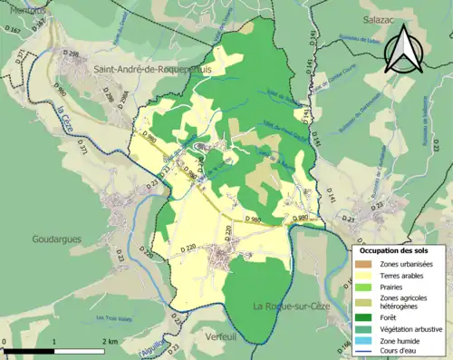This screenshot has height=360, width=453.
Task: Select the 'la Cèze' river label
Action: [63, 121]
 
